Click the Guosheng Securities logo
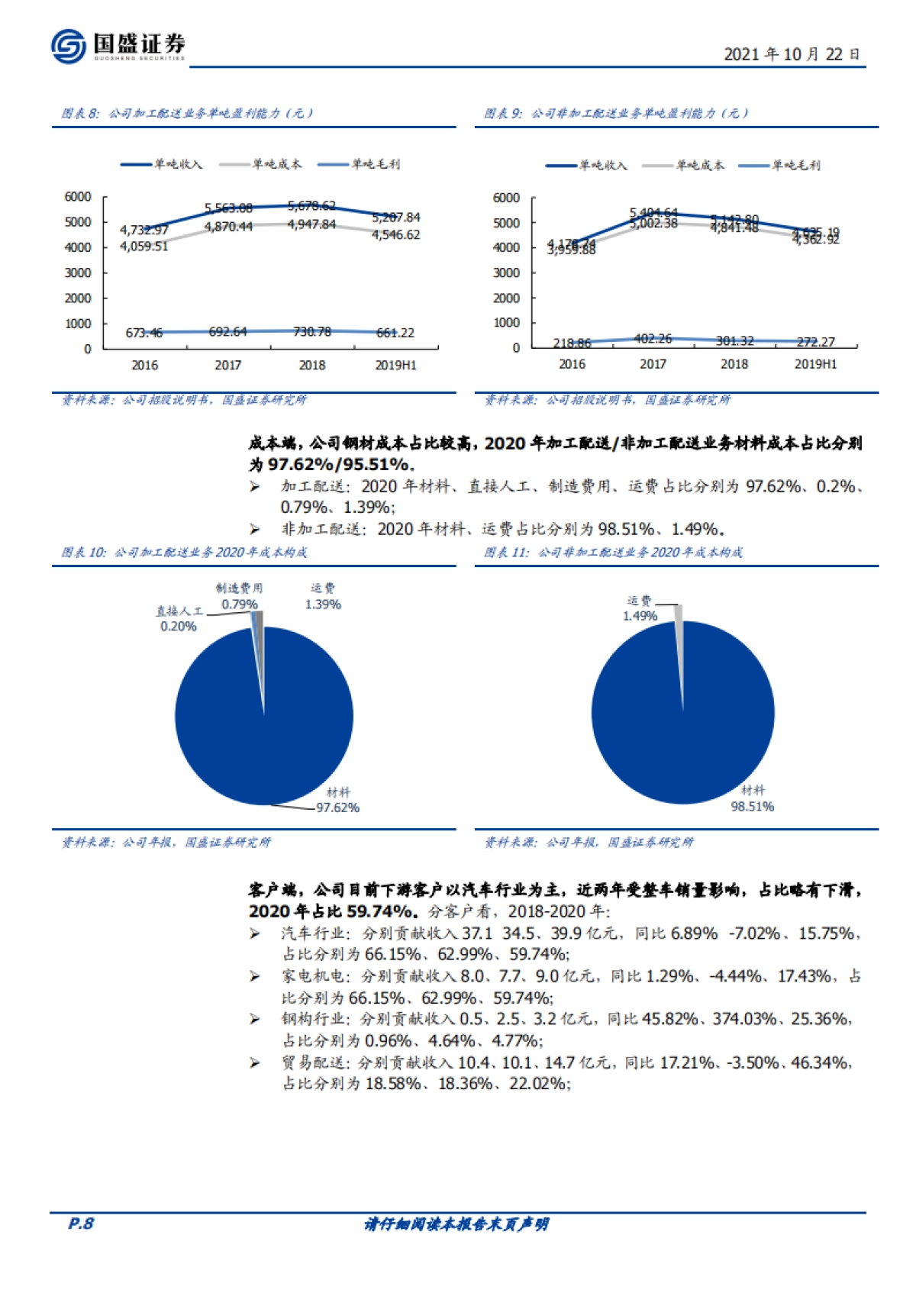point(118,46)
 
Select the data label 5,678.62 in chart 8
point(311,206)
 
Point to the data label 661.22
point(395,333)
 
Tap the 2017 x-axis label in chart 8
point(227,366)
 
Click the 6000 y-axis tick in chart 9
point(506,198)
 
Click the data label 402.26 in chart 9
point(653,339)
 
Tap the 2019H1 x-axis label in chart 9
point(815,364)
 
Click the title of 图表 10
point(184,552)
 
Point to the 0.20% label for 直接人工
point(178,627)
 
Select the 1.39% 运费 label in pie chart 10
point(323,604)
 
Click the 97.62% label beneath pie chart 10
point(337,808)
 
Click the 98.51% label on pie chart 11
point(752,807)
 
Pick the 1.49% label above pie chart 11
point(640,616)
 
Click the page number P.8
point(81,1223)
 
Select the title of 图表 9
point(617,113)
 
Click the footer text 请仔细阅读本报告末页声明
point(456,1224)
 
